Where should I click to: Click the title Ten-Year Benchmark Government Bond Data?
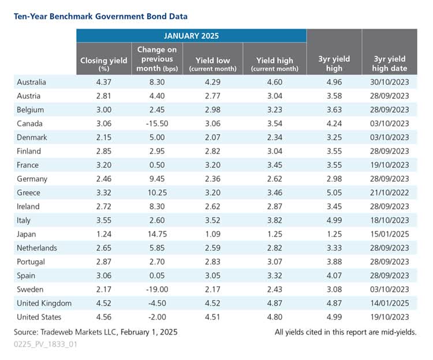pyautogui.click(x=100, y=17)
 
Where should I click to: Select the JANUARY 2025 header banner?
pyautogui.click(x=191, y=36)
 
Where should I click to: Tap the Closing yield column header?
pyautogui.click(x=104, y=61)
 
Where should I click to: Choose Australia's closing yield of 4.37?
pyautogui.click(x=104, y=81)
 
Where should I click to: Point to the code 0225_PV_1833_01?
pyautogui.click(x=46, y=344)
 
